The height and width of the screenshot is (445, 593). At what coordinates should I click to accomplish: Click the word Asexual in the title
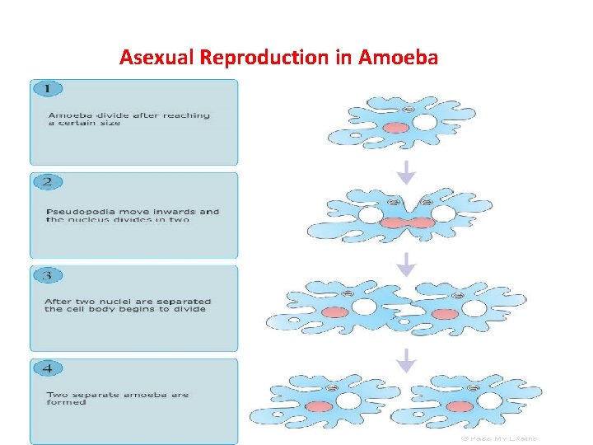click(x=151, y=58)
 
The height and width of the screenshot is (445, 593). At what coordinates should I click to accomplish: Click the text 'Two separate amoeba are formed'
click(x=117, y=399)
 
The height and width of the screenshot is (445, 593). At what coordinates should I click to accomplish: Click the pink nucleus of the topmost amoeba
click(x=395, y=128)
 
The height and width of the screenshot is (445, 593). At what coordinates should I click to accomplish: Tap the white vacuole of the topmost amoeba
click(x=424, y=124)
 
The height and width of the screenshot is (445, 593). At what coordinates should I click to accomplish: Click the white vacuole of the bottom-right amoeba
click(x=489, y=401)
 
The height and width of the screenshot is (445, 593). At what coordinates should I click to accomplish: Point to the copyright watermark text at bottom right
click(x=498, y=438)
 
